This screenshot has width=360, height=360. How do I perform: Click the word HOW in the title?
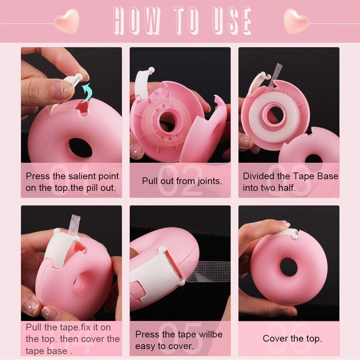pos(136,21)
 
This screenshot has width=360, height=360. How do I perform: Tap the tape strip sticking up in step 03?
pos(276,74)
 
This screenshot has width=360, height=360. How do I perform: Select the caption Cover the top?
pos(292,338)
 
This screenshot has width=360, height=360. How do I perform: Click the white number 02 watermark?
pos(180,180)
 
